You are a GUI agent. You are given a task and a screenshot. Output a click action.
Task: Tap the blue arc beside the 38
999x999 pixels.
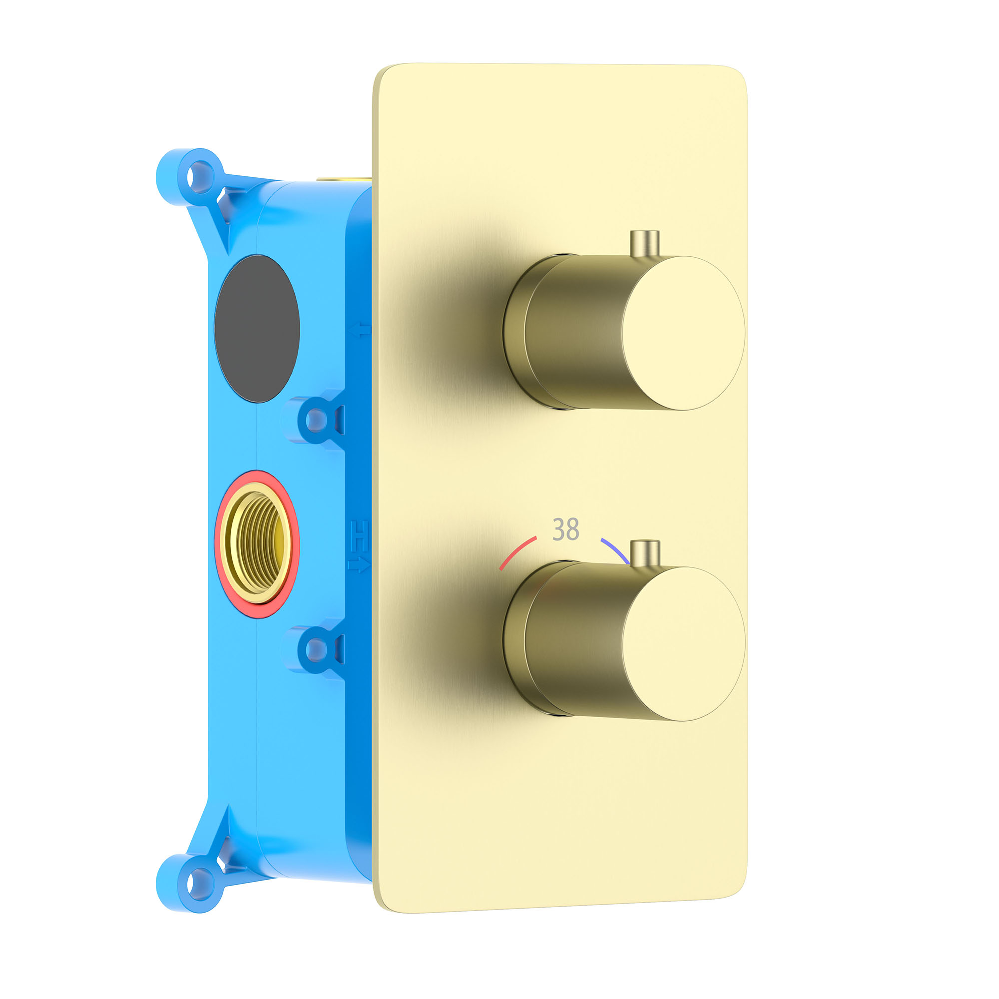[x=615, y=550]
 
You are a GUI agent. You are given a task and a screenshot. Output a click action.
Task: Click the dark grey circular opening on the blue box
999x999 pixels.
[x=257, y=328]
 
